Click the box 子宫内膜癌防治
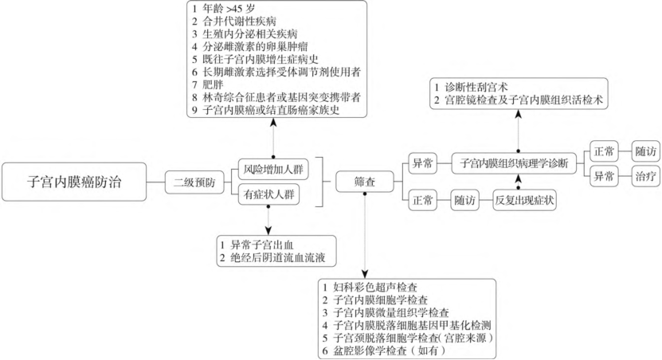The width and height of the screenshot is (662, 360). pos(74,182)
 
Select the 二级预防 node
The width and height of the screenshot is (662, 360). pos(194,182)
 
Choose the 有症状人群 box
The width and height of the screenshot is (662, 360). pos(269,194)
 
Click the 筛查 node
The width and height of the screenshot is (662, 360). pos(365,182)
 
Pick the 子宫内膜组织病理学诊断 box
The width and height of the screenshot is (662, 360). pos(514,163)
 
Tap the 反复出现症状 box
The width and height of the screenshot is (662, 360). pos(524,200)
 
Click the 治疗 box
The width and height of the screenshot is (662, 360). pos(645,175)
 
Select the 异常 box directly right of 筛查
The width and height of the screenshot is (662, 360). pos(423,163)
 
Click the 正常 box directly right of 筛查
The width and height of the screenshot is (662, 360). pos(423,200)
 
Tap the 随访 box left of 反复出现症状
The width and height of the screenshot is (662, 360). pos(465,200)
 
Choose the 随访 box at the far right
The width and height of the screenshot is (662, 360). pos(645,151)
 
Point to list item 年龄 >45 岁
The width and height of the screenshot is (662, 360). pos(223,9)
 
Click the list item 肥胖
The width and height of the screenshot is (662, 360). pos(207,84)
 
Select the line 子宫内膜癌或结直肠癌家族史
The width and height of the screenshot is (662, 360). pos(265,110)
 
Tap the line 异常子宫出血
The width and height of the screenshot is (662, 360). pos(257,245)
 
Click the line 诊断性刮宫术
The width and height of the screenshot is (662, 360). pos(471,88)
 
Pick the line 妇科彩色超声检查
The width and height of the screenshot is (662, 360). pos(370,288)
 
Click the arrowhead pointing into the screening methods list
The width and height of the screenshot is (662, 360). pos(365,272)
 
